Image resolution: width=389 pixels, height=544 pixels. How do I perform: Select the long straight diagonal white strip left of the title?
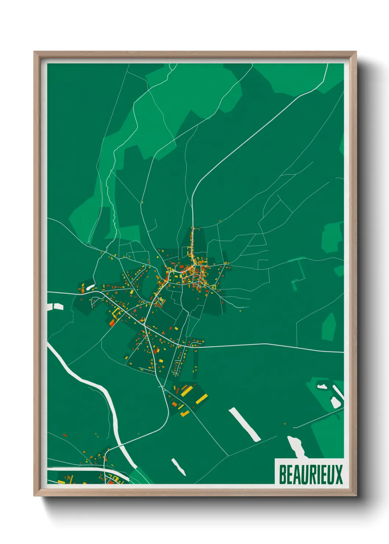[245, 424]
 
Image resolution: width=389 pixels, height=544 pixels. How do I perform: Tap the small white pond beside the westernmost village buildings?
[90, 287]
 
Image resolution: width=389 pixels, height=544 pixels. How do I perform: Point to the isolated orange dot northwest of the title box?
[285, 424]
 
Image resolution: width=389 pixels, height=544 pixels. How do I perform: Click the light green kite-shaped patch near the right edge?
[329, 327]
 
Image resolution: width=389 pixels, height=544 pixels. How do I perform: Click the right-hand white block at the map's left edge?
[58, 306]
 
